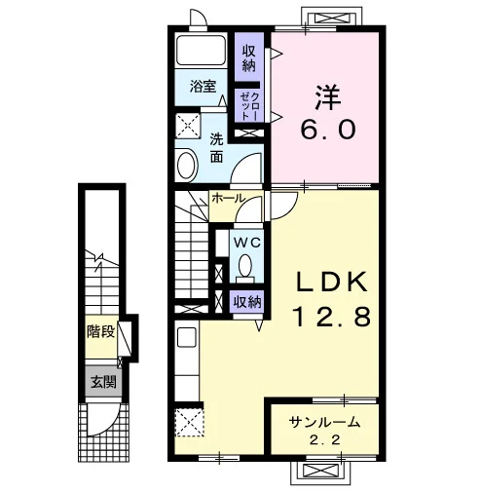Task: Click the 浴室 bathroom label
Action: [203, 87]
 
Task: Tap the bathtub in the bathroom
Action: [201, 51]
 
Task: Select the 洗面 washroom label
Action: [216, 148]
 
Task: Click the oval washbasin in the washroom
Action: [187, 166]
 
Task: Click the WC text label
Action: [247, 243]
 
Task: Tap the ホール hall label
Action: [228, 198]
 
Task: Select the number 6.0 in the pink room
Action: [327, 129]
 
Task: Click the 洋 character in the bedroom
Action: [328, 96]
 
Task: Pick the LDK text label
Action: [332, 282]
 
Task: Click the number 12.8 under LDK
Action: [332, 317]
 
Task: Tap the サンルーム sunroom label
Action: [324, 422]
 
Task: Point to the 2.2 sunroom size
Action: [324, 440]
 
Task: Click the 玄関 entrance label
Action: [103, 382]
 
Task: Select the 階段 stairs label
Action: [100, 331]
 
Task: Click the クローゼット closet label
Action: [249, 106]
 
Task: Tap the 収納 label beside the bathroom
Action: [249, 58]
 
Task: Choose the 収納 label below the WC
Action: [247, 302]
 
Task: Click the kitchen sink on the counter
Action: [187, 337]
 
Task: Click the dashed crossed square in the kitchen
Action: [189, 423]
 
